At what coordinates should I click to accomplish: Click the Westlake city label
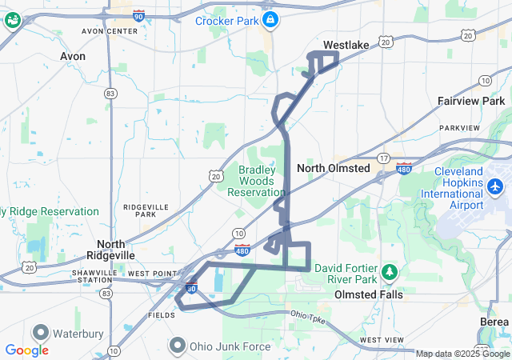[x=346, y=45]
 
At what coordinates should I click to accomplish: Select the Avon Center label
[x=110, y=30]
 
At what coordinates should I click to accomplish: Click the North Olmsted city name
[x=333, y=168]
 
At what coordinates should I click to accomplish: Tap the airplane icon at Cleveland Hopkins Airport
[x=496, y=186]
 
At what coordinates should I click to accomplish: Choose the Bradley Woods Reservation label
[x=256, y=181]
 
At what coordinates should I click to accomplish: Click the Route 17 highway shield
[x=384, y=158]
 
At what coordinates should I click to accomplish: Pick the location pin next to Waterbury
[x=41, y=331]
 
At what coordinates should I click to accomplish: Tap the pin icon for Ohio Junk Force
[x=177, y=346]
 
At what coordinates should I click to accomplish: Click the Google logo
[x=26, y=350]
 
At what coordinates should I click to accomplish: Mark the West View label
[x=382, y=340]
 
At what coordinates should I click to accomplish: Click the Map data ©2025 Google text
[x=462, y=354]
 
